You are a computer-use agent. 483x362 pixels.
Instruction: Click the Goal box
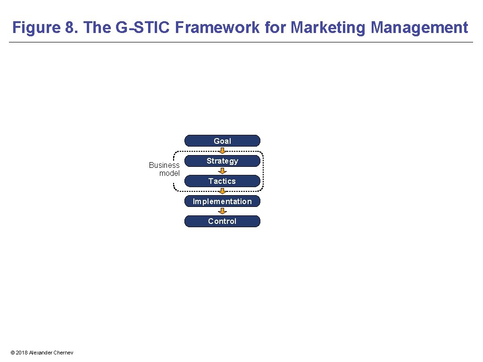[222, 141]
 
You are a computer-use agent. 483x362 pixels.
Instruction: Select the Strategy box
[222, 161]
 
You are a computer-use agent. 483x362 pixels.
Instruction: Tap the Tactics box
[222, 181]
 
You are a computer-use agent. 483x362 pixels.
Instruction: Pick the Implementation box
[222, 201]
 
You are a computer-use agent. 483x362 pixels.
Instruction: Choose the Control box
[222, 222]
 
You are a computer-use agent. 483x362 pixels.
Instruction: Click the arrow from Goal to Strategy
[222, 151]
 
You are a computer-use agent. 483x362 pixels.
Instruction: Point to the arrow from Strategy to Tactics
[222, 171]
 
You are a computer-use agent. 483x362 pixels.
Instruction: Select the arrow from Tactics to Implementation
[222, 191]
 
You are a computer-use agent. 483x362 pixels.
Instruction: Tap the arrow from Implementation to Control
[222, 211]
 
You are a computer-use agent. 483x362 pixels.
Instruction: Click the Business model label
[165, 169]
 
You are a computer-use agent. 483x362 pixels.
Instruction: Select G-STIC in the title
[143, 27]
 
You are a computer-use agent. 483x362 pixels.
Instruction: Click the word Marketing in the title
[328, 27]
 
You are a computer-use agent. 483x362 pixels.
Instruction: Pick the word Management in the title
[419, 27]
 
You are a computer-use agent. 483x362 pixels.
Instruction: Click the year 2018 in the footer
[22, 353]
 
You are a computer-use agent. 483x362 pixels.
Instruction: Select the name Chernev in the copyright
[63, 353]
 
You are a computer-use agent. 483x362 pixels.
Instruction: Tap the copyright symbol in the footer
[12, 353]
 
